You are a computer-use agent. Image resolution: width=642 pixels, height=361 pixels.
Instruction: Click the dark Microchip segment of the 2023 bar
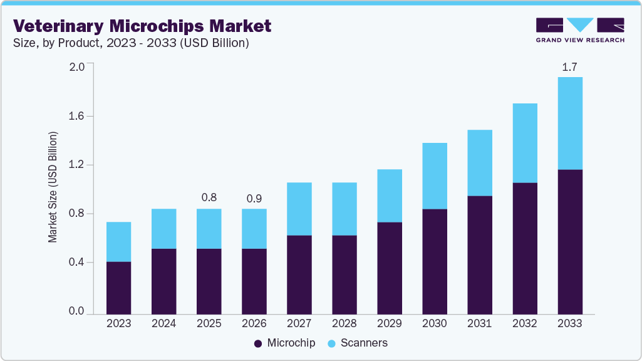tap(118, 287)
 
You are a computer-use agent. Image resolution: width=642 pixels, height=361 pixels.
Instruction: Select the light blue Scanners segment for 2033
tap(569, 123)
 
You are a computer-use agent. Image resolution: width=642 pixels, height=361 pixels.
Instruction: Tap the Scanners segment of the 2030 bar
tap(434, 175)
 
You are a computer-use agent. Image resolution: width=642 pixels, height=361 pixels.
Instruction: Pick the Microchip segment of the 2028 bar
tap(344, 274)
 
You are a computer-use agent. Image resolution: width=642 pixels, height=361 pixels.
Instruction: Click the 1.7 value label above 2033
tap(569, 66)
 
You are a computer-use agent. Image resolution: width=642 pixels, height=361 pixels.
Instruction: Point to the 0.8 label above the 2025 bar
tap(209, 198)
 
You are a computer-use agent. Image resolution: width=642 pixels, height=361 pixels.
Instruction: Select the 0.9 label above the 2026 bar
tap(254, 198)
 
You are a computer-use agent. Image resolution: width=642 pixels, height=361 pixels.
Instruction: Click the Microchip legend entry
tap(285, 343)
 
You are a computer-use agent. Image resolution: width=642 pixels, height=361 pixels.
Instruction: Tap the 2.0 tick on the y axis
tap(76, 67)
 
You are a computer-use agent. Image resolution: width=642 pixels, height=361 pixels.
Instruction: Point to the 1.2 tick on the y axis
tap(76, 165)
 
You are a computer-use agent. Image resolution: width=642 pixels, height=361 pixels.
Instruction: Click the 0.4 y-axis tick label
tap(76, 263)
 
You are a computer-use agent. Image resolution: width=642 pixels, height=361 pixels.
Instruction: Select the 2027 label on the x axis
tap(299, 324)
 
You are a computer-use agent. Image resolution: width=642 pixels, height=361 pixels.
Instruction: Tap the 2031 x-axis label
tap(479, 324)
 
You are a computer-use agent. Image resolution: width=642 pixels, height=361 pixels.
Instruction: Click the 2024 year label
tap(163, 324)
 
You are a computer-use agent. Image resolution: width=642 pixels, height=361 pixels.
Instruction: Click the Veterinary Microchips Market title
tap(142, 26)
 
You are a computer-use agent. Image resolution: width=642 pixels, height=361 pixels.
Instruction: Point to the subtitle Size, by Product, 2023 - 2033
tap(132, 43)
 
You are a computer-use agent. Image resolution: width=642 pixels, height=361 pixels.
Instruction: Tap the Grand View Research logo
tap(579, 30)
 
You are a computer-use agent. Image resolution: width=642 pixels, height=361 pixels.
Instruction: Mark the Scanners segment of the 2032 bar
tap(524, 143)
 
